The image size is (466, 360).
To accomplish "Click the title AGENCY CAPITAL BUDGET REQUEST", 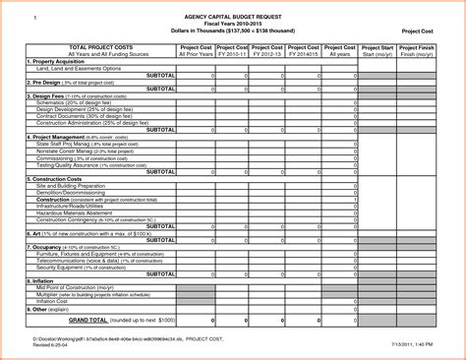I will [x=232, y=18].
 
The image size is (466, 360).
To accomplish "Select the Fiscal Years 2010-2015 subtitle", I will [x=232, y=25].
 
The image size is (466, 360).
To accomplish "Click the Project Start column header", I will [x=378, y=47].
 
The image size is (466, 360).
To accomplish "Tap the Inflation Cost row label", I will [x=59, y=300].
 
